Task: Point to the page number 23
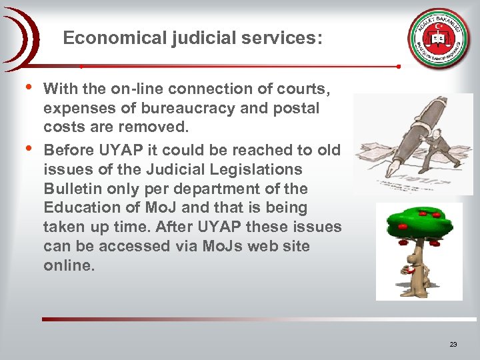pyautogui.click(x=453, y=344)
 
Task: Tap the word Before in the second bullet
pyautogui.click(x=70, y=150)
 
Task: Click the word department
pyautogui.click(x=229, y=189)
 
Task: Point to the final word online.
pyautogui.click(x=69, y=265)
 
